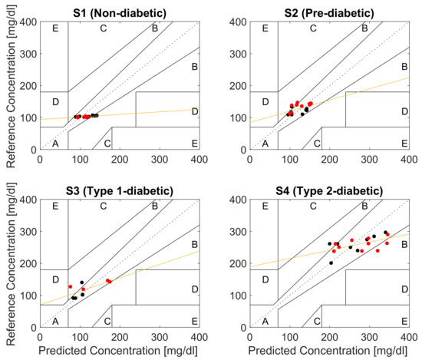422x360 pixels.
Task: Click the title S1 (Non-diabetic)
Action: click(118, 10)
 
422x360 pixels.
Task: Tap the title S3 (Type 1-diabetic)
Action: click(118, 190)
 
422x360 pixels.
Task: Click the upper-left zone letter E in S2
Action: click(265, 28)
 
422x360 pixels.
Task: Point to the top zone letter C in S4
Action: click(313, 208)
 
